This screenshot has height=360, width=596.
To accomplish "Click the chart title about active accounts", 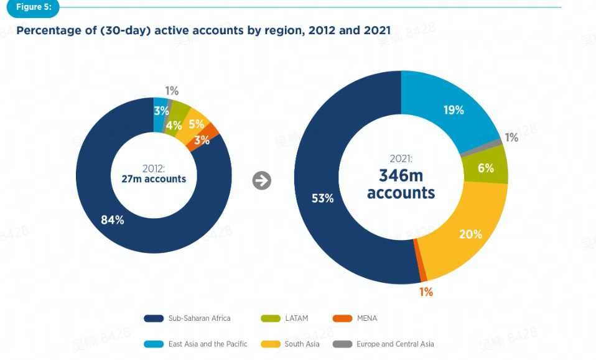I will point(203,30).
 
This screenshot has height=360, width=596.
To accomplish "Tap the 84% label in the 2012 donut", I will point(113,219).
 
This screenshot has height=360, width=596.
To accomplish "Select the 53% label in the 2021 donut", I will point(323,198).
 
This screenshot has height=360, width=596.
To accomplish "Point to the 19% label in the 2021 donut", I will point(454,110).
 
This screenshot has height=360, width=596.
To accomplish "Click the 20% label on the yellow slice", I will point(470,234).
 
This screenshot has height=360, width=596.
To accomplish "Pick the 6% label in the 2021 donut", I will point(486,168).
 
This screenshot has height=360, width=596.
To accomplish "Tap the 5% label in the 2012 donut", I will point(196,124).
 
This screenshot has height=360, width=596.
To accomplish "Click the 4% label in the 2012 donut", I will point(174,125).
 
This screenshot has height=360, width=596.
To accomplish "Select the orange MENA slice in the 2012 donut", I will point(210,132).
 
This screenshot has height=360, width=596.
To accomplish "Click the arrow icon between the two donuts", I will point(262,180).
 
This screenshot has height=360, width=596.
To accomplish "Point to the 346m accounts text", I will point(401,185).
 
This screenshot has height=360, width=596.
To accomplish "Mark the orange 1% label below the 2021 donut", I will point(426,292).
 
